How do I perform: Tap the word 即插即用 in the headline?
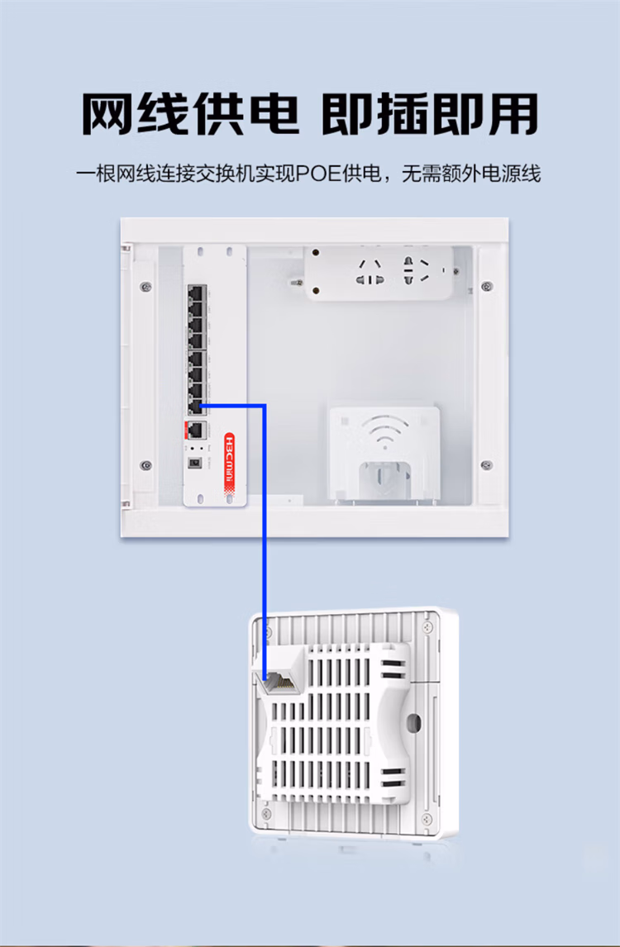click(x=430, y=113)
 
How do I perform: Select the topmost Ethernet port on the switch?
click(x=196, y=293)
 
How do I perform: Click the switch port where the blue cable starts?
click(x=196, y=405)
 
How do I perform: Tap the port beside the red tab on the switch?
click(x=197, y=430)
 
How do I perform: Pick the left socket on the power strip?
click(x=370, y=272)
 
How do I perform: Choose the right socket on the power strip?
click(x=416, y=271)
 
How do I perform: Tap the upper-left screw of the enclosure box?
click(x=145, y=287)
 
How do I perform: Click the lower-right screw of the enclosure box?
click(x=486, y=465)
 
